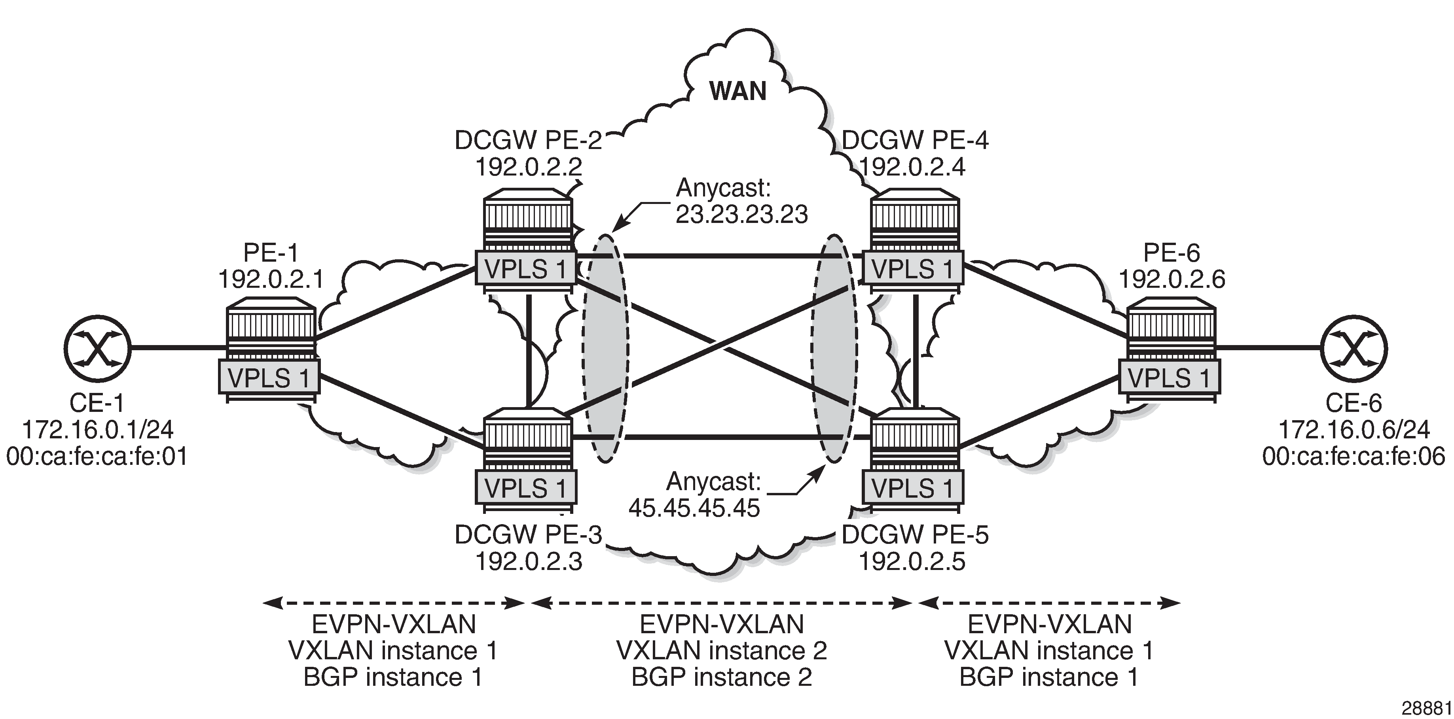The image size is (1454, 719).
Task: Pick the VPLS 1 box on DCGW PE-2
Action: (525, 269)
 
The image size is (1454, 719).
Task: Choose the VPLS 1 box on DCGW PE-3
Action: (525, 488)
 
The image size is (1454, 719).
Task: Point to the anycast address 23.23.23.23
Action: (742, 214)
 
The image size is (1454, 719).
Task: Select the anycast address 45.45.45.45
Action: (694, 508)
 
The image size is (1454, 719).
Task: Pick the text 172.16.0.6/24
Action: (1354, 430)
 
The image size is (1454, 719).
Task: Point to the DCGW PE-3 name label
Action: (528, 534)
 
